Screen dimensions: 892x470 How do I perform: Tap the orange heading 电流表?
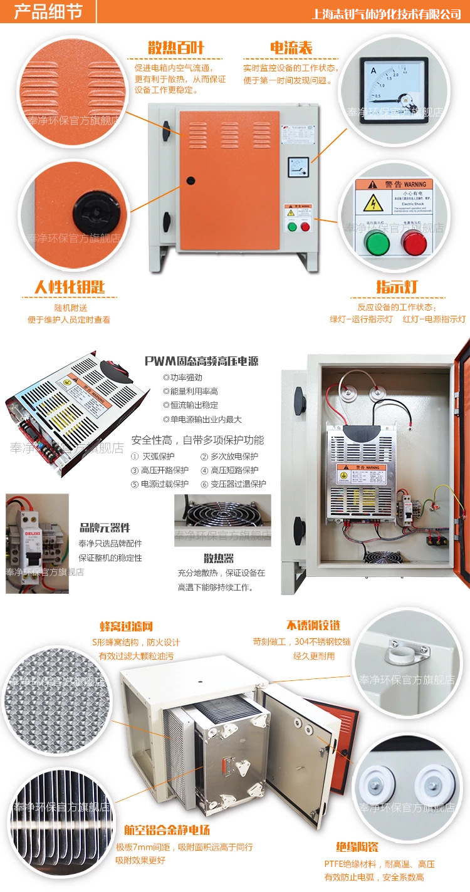click(x=291, y=48)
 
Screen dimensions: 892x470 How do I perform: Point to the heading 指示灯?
click(x=397, y=287)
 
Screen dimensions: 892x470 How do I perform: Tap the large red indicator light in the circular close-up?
click(x=414, y=242)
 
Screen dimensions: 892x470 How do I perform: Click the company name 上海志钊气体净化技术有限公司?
click(x=387, y=13)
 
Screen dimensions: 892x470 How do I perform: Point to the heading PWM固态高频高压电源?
click(x=201, y=361)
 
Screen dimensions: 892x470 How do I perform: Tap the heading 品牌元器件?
click(x=105, y=527)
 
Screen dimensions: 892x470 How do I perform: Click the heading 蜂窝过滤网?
click(x=126, y=626)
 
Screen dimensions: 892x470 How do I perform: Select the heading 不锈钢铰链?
click(x=313, y=625)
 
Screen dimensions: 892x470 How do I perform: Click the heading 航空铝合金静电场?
click(x=166, y=831)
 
